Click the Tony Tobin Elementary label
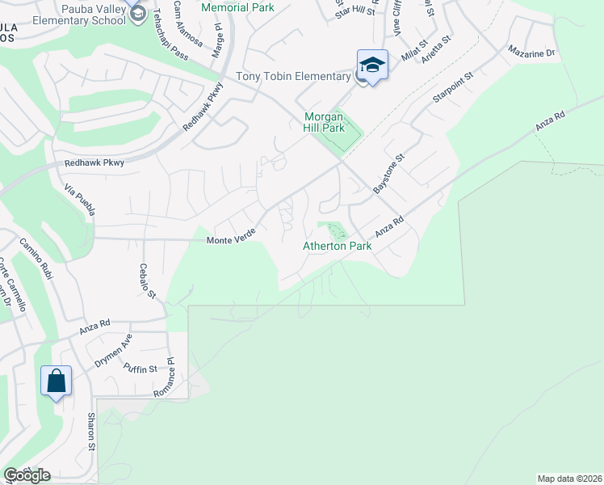tap(293, 77)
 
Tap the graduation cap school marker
tap(372, 64)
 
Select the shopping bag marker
tap(56, 380)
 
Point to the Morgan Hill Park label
tap(324, 122)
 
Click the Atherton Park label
tap(337, 246)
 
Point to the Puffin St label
tap(140, 369)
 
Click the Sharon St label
tap(91, 432)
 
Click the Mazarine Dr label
tap(531, 53)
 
